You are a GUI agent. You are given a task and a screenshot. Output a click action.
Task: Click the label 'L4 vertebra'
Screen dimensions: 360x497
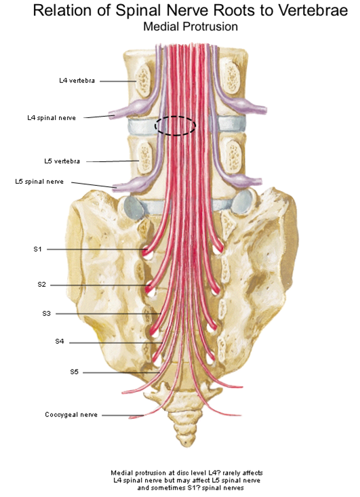pyautogui.click(x=77, y=81)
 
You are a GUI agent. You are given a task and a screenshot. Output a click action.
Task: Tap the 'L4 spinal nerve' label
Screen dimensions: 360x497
pyautogui.click(x=52, y=118)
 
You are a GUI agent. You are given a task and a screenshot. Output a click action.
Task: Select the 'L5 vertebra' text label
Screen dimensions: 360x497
pyautogui.click(x=62, y=161)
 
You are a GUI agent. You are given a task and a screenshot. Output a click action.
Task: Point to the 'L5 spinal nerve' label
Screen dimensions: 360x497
pyautogui.click(x=39, y=182)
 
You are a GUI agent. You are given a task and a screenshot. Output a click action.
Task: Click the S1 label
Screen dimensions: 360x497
pyautogui.click(x=38, y=249)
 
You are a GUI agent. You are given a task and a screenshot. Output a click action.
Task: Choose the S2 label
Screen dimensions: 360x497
pyautogui.click(x=42, y=285)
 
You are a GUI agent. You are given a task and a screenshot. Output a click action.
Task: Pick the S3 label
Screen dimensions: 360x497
pyautogui.click(x=47, y=313)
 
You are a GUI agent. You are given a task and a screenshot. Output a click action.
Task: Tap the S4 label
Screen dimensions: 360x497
pyautogui.click(x=60, y=341)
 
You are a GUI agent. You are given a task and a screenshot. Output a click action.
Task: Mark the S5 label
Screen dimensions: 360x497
pyautogui.click(x=74, y=372)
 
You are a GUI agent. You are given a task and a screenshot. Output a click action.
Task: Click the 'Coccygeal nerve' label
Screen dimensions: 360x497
pyautogui.click(x=71, y=414)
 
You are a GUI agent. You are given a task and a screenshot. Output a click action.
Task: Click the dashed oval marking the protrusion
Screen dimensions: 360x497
pyautogui.click(x=175, y=117)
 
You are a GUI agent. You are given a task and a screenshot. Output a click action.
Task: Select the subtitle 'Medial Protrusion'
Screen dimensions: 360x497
pyautogui.click(x=191, y=26)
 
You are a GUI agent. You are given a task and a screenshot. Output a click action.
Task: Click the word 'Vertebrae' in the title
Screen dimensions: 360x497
pyautogui.click(x=313, y=10)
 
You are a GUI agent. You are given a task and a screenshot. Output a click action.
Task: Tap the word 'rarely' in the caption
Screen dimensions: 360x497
pyautogui.click(x=231, y=473)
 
